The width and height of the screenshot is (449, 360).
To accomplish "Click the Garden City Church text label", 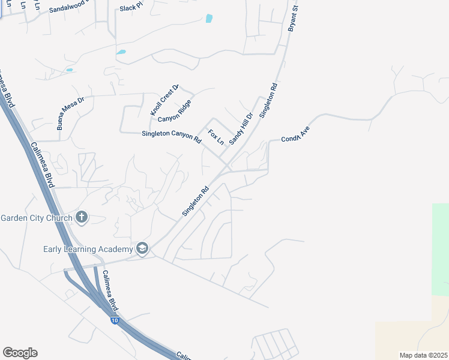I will click(x=37, y=217).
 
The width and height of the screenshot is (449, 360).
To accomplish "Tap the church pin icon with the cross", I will click(x=82, y=217).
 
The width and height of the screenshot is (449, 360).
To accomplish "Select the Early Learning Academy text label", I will click(x=88, y=249).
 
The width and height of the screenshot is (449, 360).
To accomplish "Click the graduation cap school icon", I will click(x=142, y=248).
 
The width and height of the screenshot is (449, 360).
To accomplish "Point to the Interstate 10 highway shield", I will click(x=114, y=321).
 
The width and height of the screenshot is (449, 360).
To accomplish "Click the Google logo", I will click(x=20, y=353).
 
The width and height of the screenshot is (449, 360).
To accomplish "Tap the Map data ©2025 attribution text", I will click(x=424, y=355).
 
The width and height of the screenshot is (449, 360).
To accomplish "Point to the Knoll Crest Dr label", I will click(x=165, y=100).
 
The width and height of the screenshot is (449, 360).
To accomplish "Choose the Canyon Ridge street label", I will click(x=175, y=110).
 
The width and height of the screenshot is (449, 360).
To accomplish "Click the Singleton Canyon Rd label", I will click(x=171, y=136).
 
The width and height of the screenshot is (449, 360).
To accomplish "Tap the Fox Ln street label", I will click(x=215, y=137).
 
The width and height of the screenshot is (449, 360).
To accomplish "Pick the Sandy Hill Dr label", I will click(x=241, y=128).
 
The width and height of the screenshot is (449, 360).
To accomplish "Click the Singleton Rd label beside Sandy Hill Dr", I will click(x=268, y=100).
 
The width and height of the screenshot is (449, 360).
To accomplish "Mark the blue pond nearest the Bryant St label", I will click(x=209, y=18).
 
